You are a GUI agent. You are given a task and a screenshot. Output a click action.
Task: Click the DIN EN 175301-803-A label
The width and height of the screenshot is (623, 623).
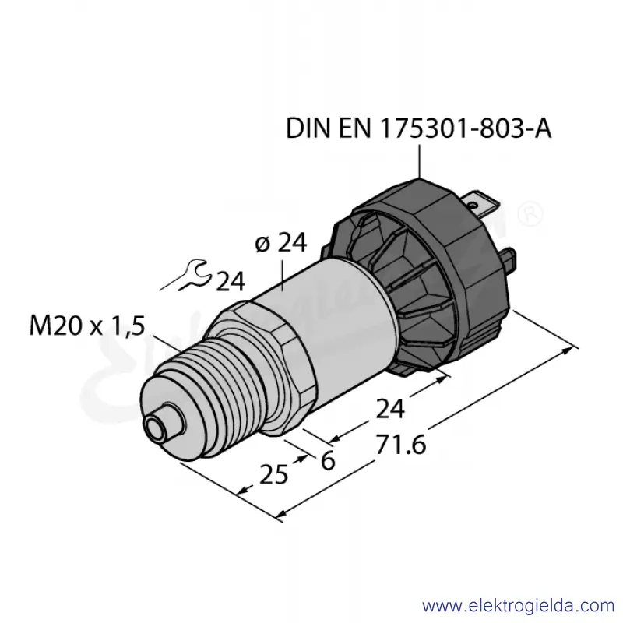(418, 128)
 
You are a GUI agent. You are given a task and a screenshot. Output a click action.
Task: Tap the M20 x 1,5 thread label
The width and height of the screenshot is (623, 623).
(87, 326)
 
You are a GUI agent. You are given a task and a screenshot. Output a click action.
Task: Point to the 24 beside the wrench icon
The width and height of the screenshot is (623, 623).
(231, 281)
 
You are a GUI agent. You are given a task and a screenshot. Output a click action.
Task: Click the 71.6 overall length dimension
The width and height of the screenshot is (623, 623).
(401, 445)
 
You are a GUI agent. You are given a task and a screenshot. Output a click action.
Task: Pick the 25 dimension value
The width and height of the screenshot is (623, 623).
(274, 474)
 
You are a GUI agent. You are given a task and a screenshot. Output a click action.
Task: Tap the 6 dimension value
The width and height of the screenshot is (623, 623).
(328, 461)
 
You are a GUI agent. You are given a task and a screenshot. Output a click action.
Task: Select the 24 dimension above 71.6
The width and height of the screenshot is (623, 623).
(390, 409)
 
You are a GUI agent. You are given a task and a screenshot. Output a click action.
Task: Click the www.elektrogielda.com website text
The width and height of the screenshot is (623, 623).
(519, 606)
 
